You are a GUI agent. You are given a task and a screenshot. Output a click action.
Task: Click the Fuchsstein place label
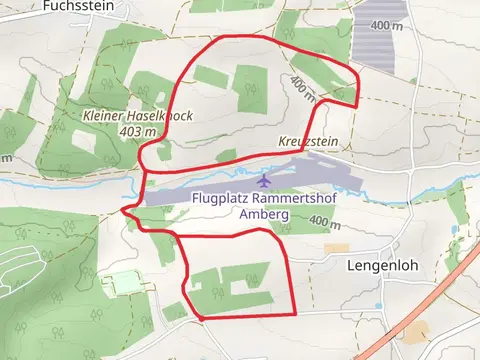(75, 5)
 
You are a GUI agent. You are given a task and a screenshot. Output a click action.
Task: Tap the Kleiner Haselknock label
(138, 116)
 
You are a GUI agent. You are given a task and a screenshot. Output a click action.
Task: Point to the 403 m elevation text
(138, 131)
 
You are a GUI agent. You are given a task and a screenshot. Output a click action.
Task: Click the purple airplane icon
(264, 181)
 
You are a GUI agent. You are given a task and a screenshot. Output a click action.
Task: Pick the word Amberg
(257, 214)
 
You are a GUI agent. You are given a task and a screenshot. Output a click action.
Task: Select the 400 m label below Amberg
(324, 221)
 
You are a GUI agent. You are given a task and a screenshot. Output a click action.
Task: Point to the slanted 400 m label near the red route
(303, 89)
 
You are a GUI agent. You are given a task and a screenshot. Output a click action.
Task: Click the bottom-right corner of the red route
(294, 314)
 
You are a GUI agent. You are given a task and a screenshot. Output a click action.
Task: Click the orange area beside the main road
(417, 331)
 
